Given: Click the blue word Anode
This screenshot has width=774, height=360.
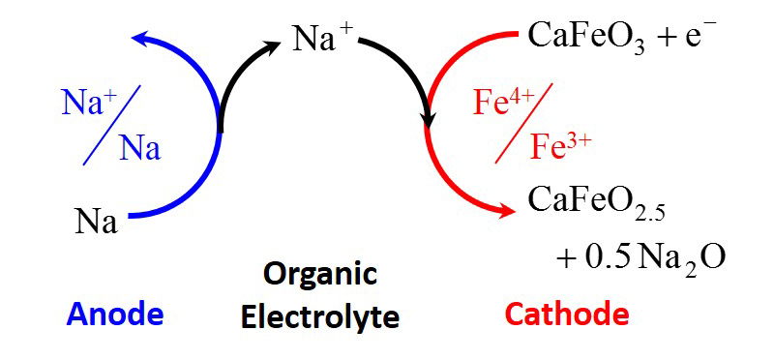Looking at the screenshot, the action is [115, 315].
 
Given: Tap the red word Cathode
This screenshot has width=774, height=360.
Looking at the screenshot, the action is [567, 315].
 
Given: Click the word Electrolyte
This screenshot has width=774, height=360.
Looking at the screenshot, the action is [320, 317].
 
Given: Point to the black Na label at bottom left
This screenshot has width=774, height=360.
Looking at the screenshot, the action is [97, 222].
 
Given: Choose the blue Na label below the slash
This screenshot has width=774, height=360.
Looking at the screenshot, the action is [139, 149].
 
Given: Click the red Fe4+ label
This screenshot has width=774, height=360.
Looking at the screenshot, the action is [503, 103].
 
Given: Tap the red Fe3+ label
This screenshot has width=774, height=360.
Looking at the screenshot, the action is [560, 147].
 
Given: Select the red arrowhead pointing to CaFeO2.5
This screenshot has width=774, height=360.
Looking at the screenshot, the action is [505, 212].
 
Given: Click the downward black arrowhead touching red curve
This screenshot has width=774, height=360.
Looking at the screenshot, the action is [428, 121].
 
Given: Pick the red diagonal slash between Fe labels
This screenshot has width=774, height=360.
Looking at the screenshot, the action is [523, 123].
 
